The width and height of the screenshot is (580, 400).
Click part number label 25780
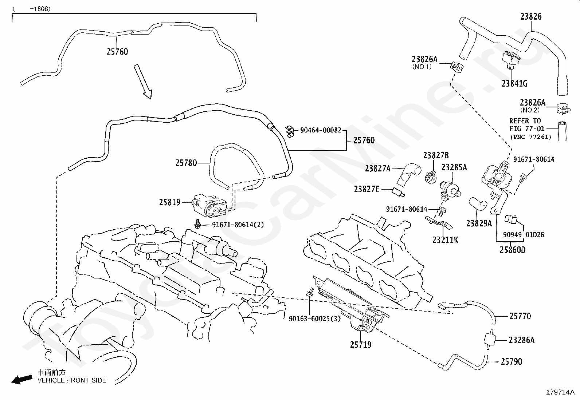[x=186, y=163]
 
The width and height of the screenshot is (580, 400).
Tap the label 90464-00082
[x=321, y=130]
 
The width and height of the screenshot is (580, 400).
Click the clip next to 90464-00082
[x=290, y=132]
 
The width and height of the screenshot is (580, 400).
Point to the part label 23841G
[x=514, y=84]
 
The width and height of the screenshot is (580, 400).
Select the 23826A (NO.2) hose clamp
[x=563, y=109]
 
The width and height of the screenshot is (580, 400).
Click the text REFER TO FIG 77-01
[x=527, y=125]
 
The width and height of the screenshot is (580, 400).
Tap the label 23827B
[x=436, y=155]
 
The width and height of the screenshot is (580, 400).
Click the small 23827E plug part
[x=398, y=193]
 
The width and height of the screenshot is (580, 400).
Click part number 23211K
[x=445, y=240]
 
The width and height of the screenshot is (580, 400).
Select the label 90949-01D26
[x=524, y=235]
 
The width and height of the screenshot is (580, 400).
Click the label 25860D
[x=513, y=250]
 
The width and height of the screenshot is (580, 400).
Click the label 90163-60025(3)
[x=315, y=318]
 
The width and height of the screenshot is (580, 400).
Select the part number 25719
[x=361, y=345]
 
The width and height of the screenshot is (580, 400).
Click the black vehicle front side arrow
[x=22, y=380]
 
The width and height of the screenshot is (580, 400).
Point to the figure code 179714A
[x=560, y=392]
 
